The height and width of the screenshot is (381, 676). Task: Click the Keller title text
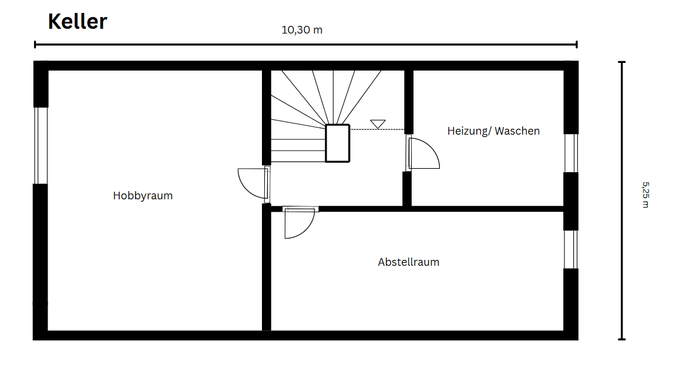pyautogui.click(x=77, y=22)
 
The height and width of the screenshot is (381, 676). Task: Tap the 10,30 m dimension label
pyautogui.click(x=302, y=30)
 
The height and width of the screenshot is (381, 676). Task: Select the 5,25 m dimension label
pyautogui.click(x=645, y=195)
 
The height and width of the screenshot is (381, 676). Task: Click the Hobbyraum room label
pyautogui.click(x=143, y=196)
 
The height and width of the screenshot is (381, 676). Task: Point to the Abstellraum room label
pyautogui.click(x=408, y=262)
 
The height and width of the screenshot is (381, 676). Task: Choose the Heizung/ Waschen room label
pyautogui.click(x=493, y=131)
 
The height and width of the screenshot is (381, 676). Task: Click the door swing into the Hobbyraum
pyautogui.click(x=251, y=182)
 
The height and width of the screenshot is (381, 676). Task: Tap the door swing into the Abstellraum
pyautogui.click(x=298, y=223)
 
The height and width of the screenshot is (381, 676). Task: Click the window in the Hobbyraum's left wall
pyautogui.click(x=41, y=145)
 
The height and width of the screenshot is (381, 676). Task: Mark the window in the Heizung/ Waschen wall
pyautogui.click(x=571, y=153)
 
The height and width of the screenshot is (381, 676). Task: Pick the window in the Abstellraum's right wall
pyautogui.click(x=571, y=249)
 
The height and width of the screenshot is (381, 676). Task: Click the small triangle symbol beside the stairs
pyautogui.click(x=378, y=124)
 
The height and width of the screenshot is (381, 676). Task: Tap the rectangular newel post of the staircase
pyautogui.click(x=338, y=143)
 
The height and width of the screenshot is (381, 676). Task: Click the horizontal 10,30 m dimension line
pyautogui.click(x=305, y=44)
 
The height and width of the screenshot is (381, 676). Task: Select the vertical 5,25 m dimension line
pyautogui.click(x=622, y=200)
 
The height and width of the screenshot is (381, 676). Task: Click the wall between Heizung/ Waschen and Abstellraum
pyautogui.click(x=487, y=209)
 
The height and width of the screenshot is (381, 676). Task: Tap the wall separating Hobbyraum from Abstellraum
pyautogui.click(x=266, y=270)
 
